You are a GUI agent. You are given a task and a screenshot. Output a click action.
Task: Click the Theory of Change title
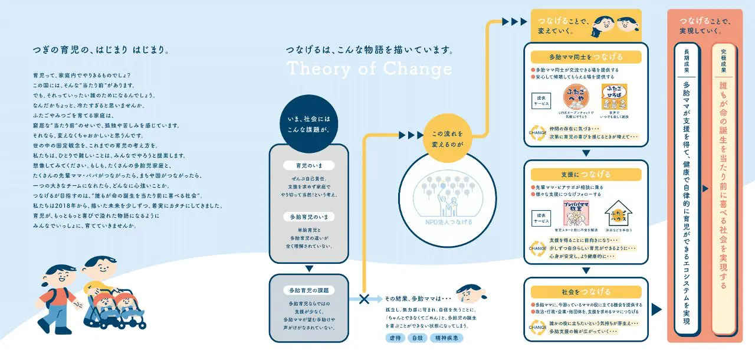click(x=369, y=69)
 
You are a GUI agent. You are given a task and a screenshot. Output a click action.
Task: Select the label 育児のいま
click(x=308, y=165)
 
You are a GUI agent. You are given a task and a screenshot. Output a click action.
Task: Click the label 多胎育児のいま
click(x=308, y=217)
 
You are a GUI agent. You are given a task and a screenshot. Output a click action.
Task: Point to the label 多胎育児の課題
click(x=308, y=290)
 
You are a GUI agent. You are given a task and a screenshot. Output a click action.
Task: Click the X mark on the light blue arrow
click(x=364, y=299)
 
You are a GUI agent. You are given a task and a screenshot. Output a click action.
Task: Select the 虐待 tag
click(x=395, y=338)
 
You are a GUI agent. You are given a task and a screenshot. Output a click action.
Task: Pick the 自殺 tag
click(x=418, y=338)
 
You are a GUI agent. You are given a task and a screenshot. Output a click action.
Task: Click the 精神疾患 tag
click(x=446, y=338)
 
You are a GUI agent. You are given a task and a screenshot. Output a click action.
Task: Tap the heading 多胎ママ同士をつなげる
click(x=586, y=57)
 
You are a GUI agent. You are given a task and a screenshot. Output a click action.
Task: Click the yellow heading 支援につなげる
click(x=586, y=175)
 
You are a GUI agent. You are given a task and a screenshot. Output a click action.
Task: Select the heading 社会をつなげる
click(x=586, y=292)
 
